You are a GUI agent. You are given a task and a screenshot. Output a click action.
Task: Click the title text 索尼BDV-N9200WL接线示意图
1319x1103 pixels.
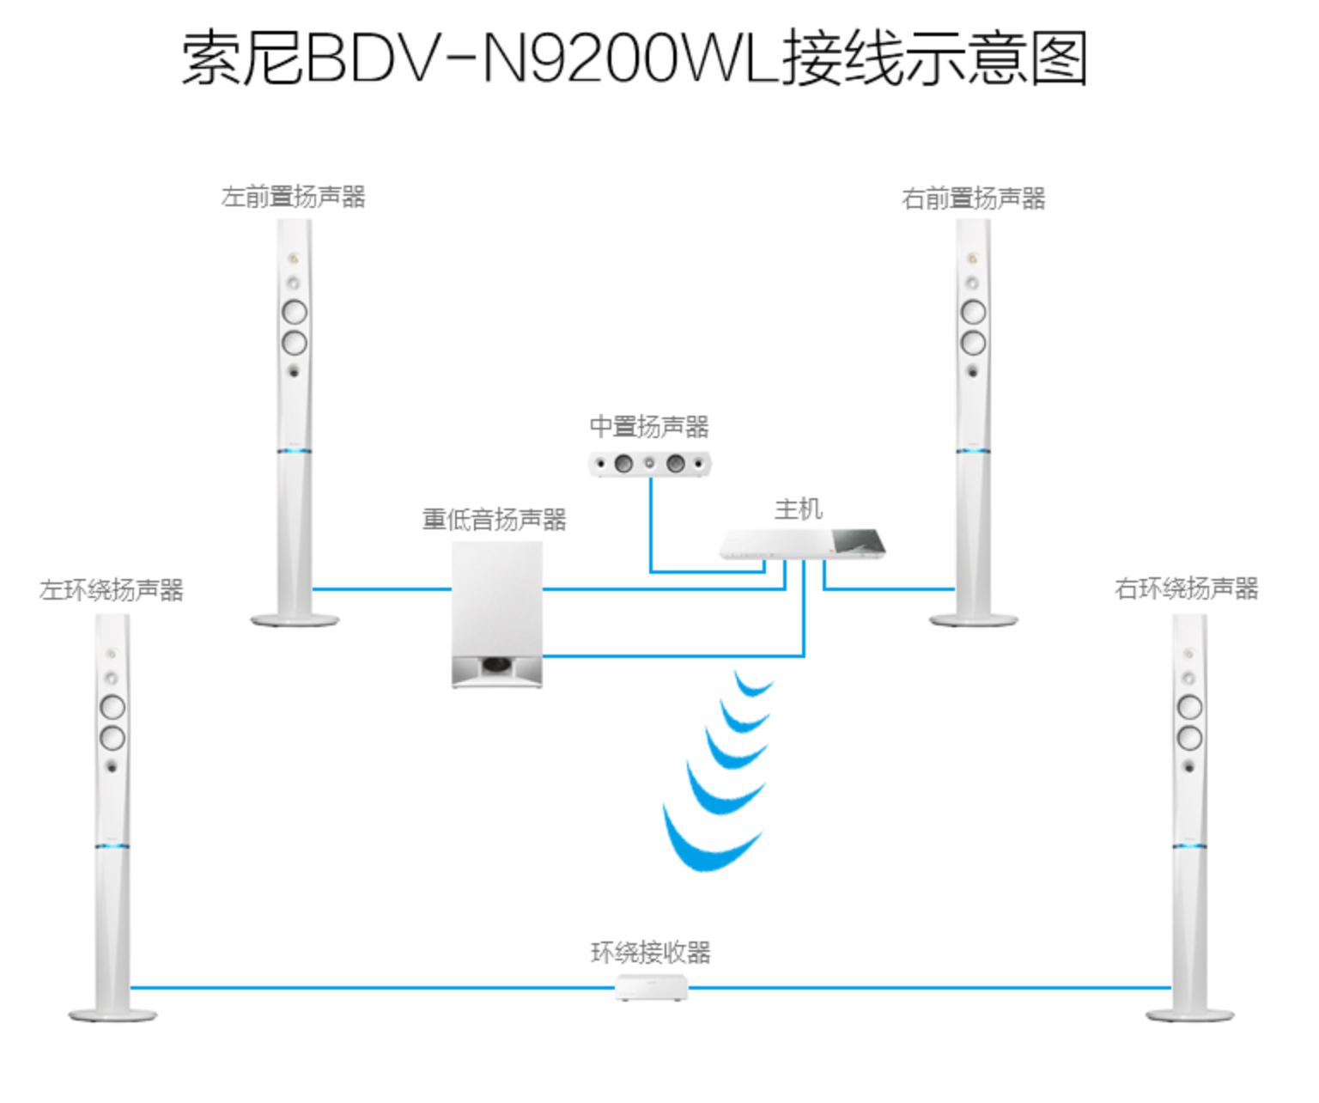click(634, 58)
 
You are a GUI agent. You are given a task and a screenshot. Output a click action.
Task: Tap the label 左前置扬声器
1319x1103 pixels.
click(293, 197)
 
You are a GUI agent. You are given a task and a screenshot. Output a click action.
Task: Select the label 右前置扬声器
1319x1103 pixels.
click(973, 198)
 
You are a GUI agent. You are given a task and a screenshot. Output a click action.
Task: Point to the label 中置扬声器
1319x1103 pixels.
click(649, 426)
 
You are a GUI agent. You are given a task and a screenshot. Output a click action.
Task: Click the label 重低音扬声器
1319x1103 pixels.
click(494, 519)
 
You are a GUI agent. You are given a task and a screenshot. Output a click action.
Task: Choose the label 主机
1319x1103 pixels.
click(798, 509)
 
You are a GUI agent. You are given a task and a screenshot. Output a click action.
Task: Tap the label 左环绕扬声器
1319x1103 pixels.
click(112, 590)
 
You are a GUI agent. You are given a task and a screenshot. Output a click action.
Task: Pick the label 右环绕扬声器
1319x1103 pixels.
click(1186, 588)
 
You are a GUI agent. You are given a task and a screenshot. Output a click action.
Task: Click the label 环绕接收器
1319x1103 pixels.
click(650, 952)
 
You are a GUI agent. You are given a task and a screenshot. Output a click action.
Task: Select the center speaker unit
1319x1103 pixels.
click(650, 464)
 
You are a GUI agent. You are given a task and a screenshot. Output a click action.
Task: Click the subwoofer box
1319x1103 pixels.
click(497, 601)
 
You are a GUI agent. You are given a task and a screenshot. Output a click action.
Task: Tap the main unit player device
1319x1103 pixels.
click(803, 544)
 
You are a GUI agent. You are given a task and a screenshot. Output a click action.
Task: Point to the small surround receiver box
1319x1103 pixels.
click(651, 988)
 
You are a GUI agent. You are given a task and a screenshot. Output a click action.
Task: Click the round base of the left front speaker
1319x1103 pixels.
click(294, 619)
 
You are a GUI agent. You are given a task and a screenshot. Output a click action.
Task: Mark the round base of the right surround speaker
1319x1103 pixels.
click(1189, 1015)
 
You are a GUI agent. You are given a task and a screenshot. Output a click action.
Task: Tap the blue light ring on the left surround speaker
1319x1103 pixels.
click(112, 847)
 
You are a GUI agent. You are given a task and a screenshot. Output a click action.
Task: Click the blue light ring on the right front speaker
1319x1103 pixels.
click(973, 451)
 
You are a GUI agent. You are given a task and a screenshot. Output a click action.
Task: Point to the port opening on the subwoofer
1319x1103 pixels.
click(496, 665)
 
